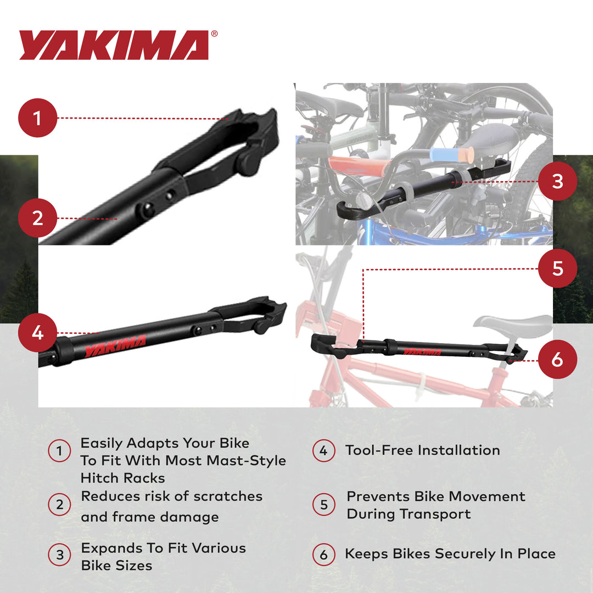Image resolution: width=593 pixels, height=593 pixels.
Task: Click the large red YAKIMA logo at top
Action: [114, 45]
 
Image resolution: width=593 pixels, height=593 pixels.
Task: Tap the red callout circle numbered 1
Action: [38, 118]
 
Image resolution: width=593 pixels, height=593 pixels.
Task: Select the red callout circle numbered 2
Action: [38, 218]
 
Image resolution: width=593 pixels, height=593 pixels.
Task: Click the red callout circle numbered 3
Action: [557, 181]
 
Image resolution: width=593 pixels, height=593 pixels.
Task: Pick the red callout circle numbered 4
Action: [38, 333]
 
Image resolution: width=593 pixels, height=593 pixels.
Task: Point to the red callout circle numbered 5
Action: [557, 268]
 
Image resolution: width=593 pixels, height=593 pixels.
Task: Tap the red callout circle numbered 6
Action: [557, 360]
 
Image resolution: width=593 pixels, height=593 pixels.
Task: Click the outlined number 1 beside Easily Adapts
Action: [59, 451]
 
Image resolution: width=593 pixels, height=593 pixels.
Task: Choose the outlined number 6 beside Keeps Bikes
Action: [323, 555]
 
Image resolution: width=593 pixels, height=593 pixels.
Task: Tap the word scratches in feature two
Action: [231, 496]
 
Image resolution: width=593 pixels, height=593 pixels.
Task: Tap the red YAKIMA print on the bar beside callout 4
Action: [115, 345]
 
